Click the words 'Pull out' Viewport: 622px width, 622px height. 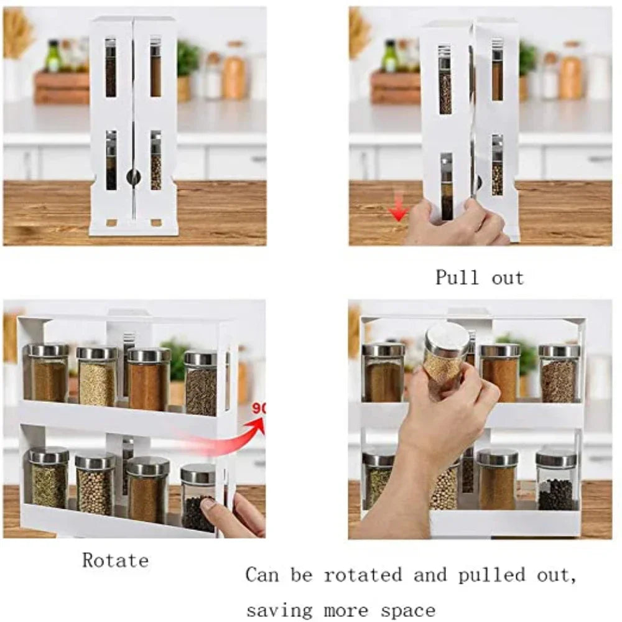(x=480, y=277)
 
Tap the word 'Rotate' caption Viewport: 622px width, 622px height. (x=116, y=560)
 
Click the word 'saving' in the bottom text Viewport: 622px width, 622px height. (x=281, y=610)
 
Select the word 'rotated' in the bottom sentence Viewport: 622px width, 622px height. (x=363, y=575)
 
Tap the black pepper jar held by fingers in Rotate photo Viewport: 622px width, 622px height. (x=198, y=498)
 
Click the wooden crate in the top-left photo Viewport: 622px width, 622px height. (x=61, y=87)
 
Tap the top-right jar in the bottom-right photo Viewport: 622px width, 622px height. (x=559, y=373)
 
